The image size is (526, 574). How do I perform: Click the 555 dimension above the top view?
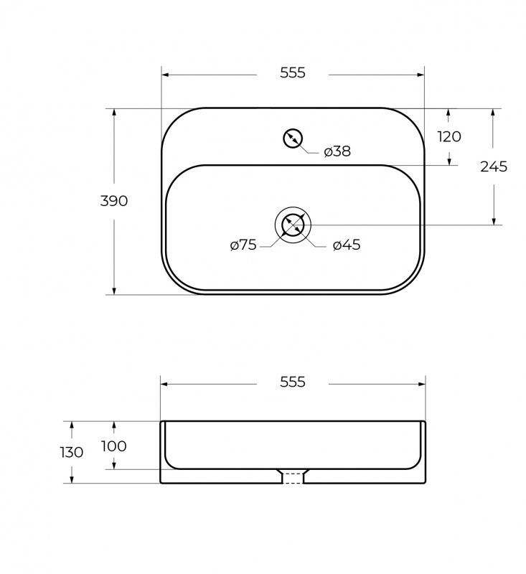click(293, 73)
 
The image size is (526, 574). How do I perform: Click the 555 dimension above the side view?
click(293, 382)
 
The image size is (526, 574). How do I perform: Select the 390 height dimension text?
click(114, 201)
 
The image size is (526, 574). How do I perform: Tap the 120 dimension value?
click(449, 136)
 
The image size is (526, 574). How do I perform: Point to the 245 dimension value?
click(494, 166)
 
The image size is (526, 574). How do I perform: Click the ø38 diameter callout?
click(337, 151)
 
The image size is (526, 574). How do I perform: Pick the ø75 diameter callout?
click(243, 245)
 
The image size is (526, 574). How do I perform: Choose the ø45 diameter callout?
click(347, 245)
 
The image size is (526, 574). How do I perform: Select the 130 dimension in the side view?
click(71, 453)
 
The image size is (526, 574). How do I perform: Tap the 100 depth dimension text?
click(114, 446)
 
